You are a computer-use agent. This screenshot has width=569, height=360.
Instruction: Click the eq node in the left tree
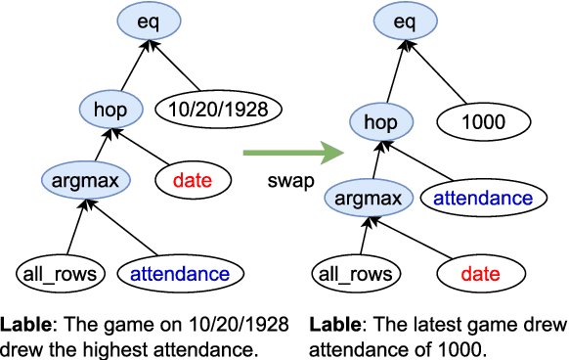(x=150, y=20)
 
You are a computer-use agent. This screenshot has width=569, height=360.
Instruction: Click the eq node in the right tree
(x=402, y=20)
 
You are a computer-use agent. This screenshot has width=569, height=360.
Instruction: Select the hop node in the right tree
(x=380, y=122)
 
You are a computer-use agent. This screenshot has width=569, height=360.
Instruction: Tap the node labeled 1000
(x=485, y=122)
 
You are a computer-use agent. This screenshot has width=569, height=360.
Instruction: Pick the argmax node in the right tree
(x=368, y=200)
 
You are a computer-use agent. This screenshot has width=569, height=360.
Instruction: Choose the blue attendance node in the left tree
(x=182, y=273)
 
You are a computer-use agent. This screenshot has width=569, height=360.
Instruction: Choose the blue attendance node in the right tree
(x=482, y=199)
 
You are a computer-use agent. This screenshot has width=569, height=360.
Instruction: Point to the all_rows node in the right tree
(x=351, y=273)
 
